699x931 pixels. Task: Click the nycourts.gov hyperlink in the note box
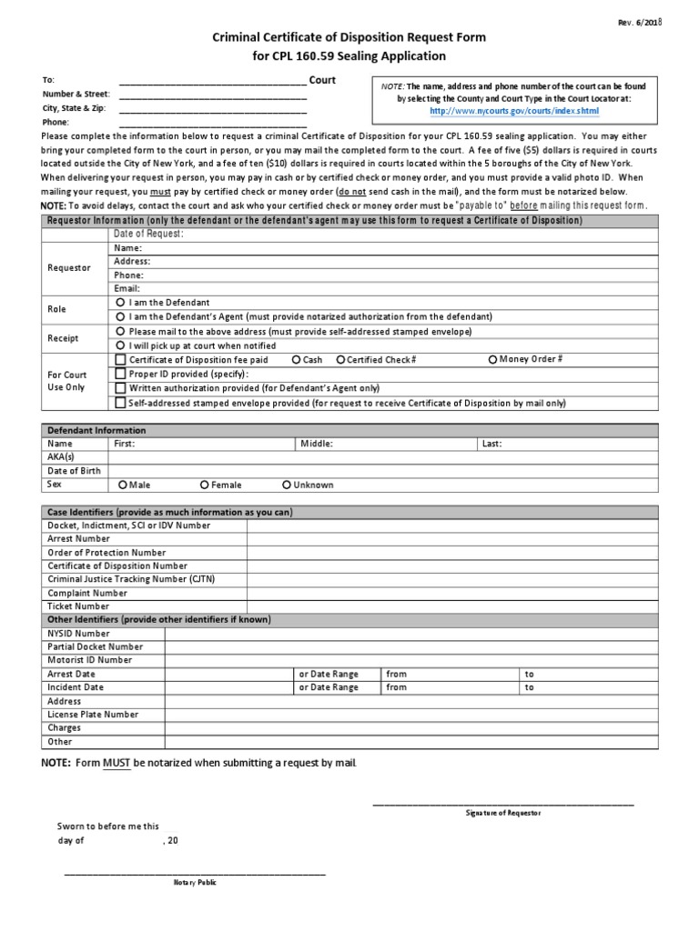pyautogui.click(x=514, y=110)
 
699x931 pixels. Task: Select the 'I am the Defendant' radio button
pyautogui.click(x=120, y=302)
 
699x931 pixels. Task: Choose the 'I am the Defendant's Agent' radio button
pyautogui.click(x=120, y=315)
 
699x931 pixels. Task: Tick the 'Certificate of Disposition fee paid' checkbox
pyautogui.click(x=120, y=360)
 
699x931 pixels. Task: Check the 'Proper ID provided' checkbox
pyautogui.click(x=120, y=374)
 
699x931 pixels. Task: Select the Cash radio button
pyautogui.click(x=297, y=360)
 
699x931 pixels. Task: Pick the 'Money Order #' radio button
pyautogui.click(x=493, y=359)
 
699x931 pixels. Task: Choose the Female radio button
pyautogui.click(x=205, y=485)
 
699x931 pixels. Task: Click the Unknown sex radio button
pyautogui.click(x=287, y=485)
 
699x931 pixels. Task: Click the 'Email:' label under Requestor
pyautogui.click(x=127, y=288)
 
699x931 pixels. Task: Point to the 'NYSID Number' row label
pyautogui.click(x=78, y=633)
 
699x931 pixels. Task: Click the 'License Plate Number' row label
pyautogui.click(x=93, y=715)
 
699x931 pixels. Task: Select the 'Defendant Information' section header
pyautogui.click(x=96, y=430)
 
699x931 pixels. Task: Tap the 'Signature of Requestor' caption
pyautogui.click(x=502, y=813)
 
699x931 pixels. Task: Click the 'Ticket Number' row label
pyautogui.click(x=78, y=606)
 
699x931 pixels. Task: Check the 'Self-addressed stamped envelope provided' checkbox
pyautogui.click(x=120, y=402)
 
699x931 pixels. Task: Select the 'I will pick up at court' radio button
pyautogui.click(x=120, y=346)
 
